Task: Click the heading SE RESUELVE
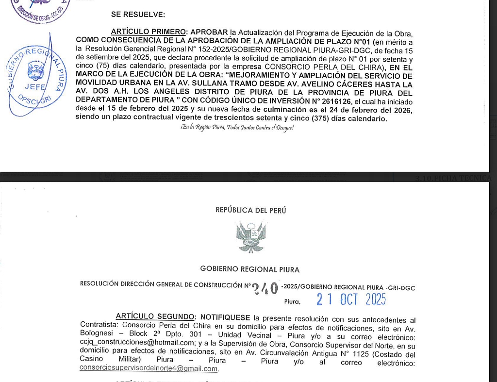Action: (x=138, y=15)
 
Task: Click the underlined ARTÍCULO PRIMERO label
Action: (x=146, y=33)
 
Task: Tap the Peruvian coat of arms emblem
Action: (x=250, y=237)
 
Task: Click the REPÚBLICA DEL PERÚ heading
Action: (x=250, y=210)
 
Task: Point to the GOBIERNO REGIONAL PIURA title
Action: (x=250, y=269)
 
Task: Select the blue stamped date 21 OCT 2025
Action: (x=351, y=299)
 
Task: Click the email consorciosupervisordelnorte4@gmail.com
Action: (x=149, y=368)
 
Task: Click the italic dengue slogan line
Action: (x=237, y=128)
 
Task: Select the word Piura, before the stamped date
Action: (x=292, y=301)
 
